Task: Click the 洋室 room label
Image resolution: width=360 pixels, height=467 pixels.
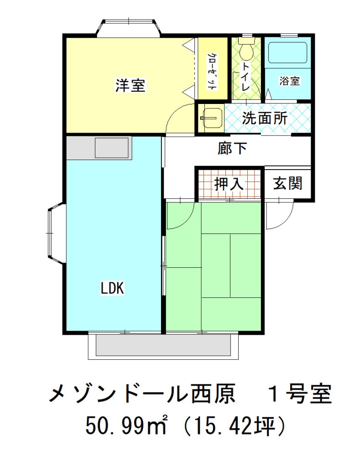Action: (130, 85)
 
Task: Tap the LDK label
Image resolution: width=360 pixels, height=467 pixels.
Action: (112, 288)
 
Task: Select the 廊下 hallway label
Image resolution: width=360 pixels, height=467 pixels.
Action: (232, 148)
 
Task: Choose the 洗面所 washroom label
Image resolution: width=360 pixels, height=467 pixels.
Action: (265, 118)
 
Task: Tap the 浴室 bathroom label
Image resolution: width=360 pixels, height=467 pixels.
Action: (289, 81)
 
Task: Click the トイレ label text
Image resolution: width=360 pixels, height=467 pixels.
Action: (246, 76)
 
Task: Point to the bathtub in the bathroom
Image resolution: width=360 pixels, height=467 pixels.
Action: (287, 52)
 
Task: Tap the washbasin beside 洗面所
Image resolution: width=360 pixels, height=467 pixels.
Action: (211, 118)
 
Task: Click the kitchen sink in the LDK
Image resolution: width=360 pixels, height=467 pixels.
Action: (112, 148)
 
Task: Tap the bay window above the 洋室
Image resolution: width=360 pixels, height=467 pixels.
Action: (129, 27)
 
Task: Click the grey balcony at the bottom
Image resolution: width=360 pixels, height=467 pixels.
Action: (163, 346)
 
